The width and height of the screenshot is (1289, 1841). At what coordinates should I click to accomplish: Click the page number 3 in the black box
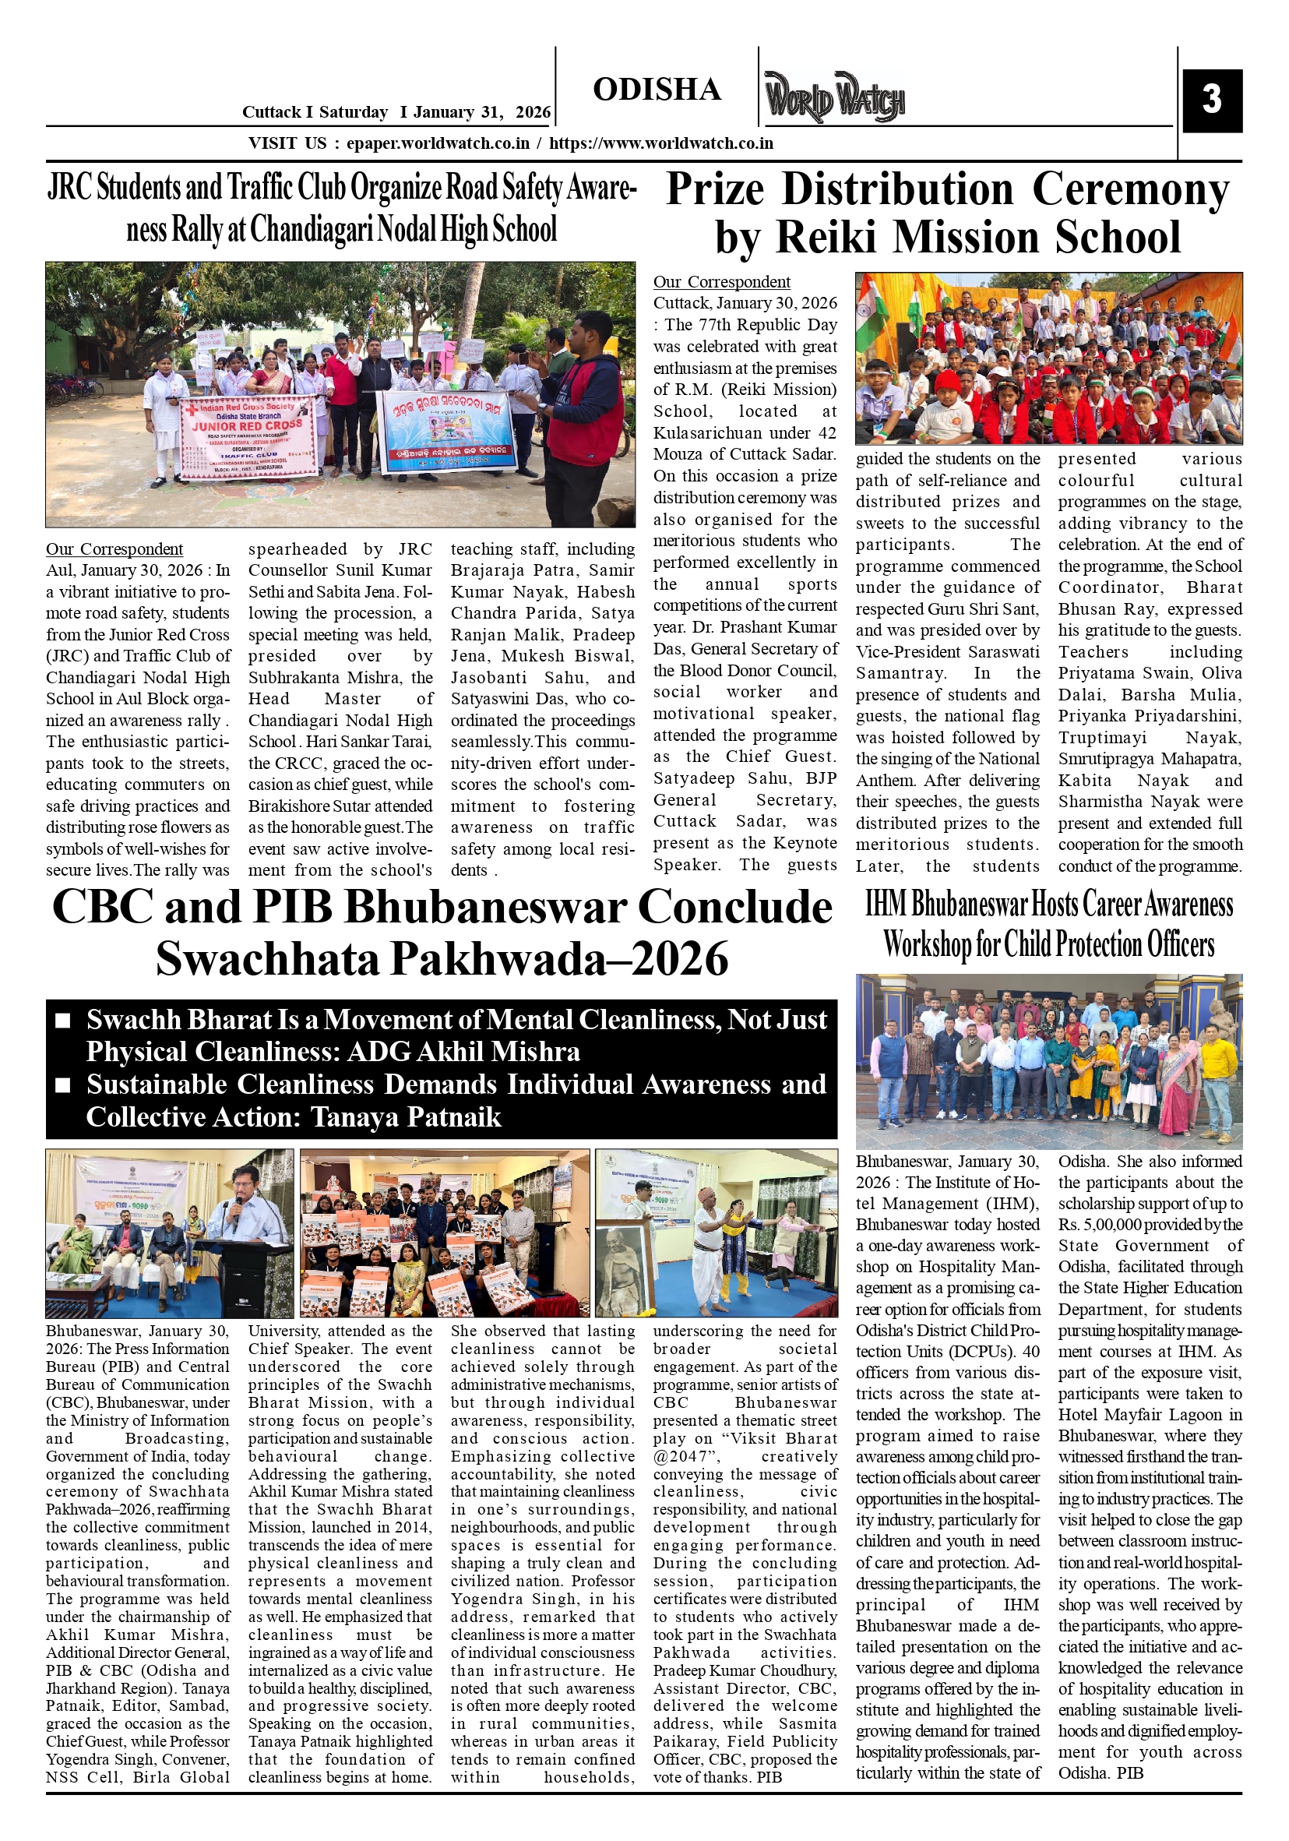[1211, 100]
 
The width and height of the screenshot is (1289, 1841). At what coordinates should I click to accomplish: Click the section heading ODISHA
[657, 90]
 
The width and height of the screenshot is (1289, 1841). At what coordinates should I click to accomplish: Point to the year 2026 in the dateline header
[533, 112]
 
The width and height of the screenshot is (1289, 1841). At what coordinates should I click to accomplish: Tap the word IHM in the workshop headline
[886, 905]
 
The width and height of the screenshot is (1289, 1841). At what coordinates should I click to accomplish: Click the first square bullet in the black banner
[63, 1021]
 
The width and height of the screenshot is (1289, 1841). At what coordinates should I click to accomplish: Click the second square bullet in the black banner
[63, 1084]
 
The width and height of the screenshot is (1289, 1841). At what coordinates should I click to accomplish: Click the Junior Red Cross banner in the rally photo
[247, 438]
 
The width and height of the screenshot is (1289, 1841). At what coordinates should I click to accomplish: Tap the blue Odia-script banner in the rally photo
[446, 432]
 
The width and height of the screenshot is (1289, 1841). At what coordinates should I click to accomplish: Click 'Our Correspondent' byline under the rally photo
[114, 549]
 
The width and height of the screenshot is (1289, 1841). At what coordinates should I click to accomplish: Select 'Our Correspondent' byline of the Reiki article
[721, 282]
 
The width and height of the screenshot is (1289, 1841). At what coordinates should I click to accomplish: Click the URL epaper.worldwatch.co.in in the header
[438, 143]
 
